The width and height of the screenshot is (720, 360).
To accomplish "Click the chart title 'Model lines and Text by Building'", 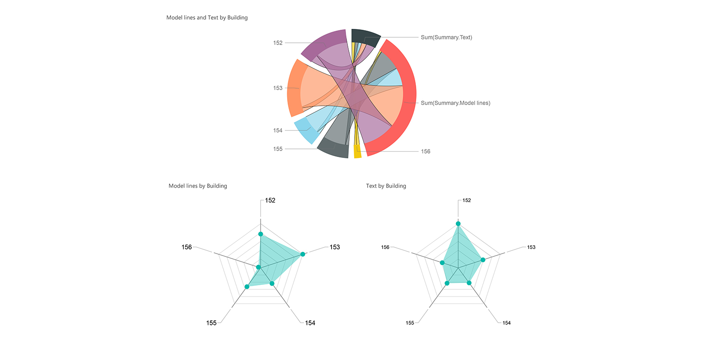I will tap(207, 18).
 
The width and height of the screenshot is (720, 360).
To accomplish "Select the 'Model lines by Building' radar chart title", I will tap(198, 186).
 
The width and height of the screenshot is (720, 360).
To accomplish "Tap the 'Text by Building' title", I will tap(386, 186).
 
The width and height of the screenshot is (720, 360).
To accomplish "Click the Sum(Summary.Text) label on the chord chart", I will tap(446, 37).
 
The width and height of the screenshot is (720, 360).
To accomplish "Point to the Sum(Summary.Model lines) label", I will tap(455, 103).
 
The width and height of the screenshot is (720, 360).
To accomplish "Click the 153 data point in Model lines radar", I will tap(302, 254).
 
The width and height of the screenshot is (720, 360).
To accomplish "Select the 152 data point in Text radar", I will tap(458, 224).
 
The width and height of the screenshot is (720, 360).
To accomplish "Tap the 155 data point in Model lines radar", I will tap(247, 287).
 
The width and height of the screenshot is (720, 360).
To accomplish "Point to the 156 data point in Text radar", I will tap(442, 263).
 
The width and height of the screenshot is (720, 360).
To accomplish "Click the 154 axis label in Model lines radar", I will tap(310, 323).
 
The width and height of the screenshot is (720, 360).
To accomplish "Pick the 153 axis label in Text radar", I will tap(531, 247).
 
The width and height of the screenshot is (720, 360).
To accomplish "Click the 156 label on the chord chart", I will tap(425, 152).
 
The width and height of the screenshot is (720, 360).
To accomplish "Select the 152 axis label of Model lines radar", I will tap(270, 200).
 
